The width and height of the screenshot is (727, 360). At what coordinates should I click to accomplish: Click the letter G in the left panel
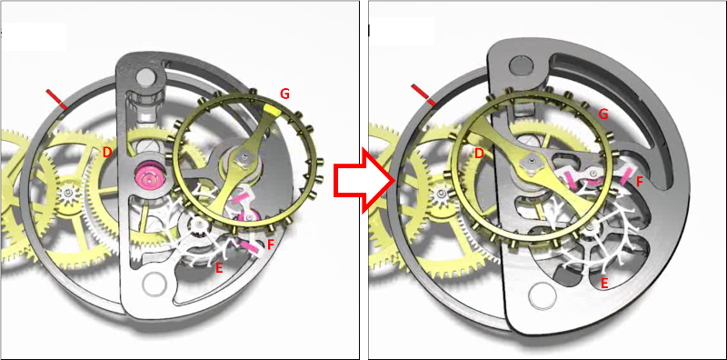(x=284, y=95)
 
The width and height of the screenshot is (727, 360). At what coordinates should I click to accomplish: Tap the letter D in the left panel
(x=106, y=152)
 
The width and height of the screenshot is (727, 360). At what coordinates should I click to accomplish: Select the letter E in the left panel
(x=219, y=266)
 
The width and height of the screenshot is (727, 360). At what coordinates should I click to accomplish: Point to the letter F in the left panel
(x=272, y=243)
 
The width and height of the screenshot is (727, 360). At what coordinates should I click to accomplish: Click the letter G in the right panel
(x=603, y=114)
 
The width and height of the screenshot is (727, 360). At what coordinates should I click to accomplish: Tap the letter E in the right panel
(x=604, y=283)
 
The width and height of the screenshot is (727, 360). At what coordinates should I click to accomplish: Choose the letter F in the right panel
(x=640, y=182)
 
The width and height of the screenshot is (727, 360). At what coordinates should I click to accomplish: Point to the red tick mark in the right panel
(x=423, y=95)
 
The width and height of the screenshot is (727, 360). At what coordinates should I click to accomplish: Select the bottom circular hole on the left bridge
(x=154, y=284)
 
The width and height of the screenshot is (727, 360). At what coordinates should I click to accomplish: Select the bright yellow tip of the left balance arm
(x=270, y=109)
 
